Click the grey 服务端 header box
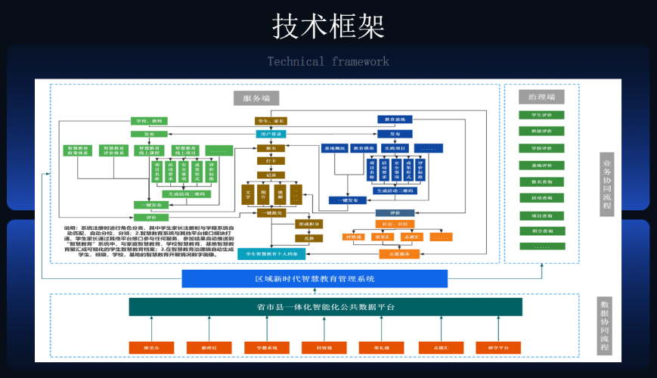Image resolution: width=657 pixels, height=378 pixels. click(256, 98)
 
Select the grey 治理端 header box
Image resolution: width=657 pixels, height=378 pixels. click(541, 97)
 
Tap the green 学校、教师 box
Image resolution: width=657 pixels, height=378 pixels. click(147, 121)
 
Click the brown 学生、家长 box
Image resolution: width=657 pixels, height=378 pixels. click(271, 121)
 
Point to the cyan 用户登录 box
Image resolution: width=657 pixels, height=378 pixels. click(271, 134)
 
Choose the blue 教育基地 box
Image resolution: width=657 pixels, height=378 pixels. click(395, 119)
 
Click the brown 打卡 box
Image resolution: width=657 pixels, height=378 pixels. click(271, 161)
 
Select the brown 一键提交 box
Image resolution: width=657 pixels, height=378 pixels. click(271, 213)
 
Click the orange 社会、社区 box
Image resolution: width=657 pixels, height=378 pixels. click(395, 224)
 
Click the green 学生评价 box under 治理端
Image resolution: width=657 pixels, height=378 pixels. click(541, 115)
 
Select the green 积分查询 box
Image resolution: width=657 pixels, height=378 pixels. click(541, 231)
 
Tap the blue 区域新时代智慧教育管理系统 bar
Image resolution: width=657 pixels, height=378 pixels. click(315, 279)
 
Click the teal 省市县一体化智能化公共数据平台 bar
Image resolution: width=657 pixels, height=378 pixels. click(325, 307)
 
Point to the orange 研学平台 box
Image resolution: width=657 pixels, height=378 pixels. click(498, 348)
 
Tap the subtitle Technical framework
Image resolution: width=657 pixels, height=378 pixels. click(328, 61)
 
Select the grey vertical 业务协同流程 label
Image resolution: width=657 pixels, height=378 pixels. click(606, 184)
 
